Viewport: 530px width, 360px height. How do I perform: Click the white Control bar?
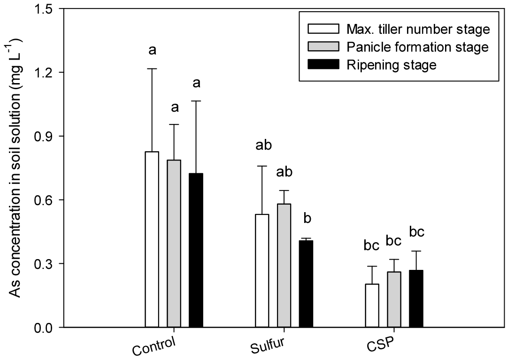coord(152,239)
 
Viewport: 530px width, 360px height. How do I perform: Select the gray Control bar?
coord(174,243)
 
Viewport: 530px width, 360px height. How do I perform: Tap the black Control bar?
coord(196,250)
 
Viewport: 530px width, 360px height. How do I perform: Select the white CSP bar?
coord(372,305)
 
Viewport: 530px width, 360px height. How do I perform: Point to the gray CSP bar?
coord(394,299)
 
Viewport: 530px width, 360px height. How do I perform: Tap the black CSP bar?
coord(416,299)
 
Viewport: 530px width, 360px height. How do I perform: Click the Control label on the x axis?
coord(154,346)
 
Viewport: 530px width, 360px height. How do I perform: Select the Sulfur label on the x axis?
coord(268,346)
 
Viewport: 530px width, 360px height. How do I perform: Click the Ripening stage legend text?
coord(391,65)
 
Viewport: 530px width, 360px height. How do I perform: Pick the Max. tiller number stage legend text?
coord(418,30)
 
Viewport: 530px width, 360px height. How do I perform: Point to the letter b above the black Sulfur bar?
coord(308,219)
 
